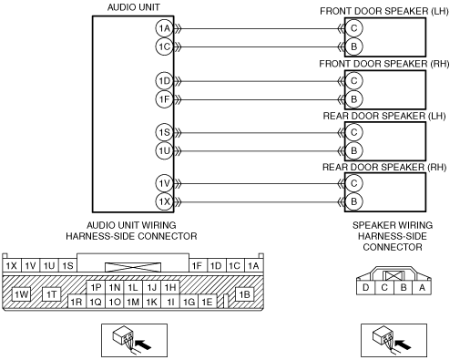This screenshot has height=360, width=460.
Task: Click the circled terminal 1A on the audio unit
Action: click(x=165, y=28)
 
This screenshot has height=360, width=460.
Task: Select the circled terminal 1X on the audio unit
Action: click(x=165, y=201)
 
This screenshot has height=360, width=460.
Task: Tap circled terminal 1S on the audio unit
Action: click(x=165, y=132)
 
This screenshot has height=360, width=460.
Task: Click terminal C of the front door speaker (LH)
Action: click(x=353, y=28)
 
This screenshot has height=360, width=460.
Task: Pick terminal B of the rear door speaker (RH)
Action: click(x=353, y=201)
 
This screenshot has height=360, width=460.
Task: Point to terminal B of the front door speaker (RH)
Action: click(x=353, y=99)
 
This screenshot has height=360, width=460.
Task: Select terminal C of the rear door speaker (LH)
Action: click(x=353, y=132)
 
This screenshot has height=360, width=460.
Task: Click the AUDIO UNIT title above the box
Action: click(x=134, y=7)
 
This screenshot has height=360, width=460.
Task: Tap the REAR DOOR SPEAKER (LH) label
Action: click(x=384, y=116)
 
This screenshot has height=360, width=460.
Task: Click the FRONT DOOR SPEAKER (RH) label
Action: click(x=384, y=64)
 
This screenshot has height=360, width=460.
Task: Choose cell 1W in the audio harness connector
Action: click(x=21, y=294)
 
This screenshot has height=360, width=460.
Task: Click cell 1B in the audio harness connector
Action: click(x=245, y=294)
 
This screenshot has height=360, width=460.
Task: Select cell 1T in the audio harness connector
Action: click(x=52, y=294)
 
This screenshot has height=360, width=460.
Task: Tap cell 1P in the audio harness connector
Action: click(x=96, y=287)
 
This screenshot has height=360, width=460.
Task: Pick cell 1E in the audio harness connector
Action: click(x=208, y=302)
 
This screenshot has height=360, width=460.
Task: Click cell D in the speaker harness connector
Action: click(x=366, y=287)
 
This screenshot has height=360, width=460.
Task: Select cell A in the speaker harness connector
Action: click(x=422, y=287)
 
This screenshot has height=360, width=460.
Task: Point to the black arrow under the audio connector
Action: click(x=143, y=345)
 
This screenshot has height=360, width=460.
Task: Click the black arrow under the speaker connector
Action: click(x=403, y=345)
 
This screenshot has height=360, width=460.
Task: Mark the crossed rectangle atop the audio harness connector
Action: click(x=133, y=267)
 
